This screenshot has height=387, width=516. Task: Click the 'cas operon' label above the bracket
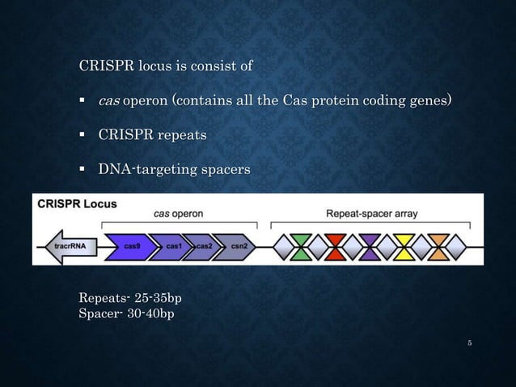coord(179,214)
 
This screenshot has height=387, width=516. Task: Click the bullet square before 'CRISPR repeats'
coord(82,135)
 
